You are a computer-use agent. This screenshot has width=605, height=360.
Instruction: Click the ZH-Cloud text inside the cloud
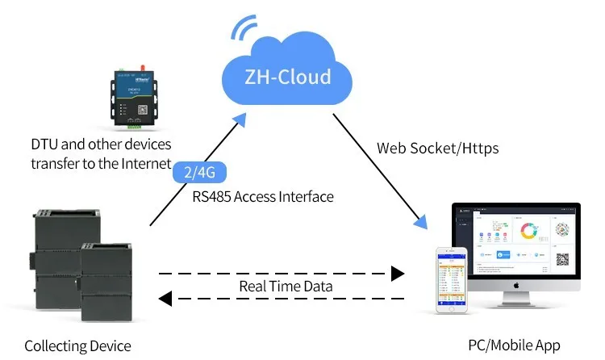click(287, 77)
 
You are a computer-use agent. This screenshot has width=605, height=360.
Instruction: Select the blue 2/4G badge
click(201, 171)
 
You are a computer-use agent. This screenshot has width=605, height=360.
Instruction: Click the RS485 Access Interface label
click(262, 196)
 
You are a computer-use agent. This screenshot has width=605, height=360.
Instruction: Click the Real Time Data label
click(286, 286)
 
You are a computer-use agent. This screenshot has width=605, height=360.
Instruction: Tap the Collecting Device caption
click(77, 345)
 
